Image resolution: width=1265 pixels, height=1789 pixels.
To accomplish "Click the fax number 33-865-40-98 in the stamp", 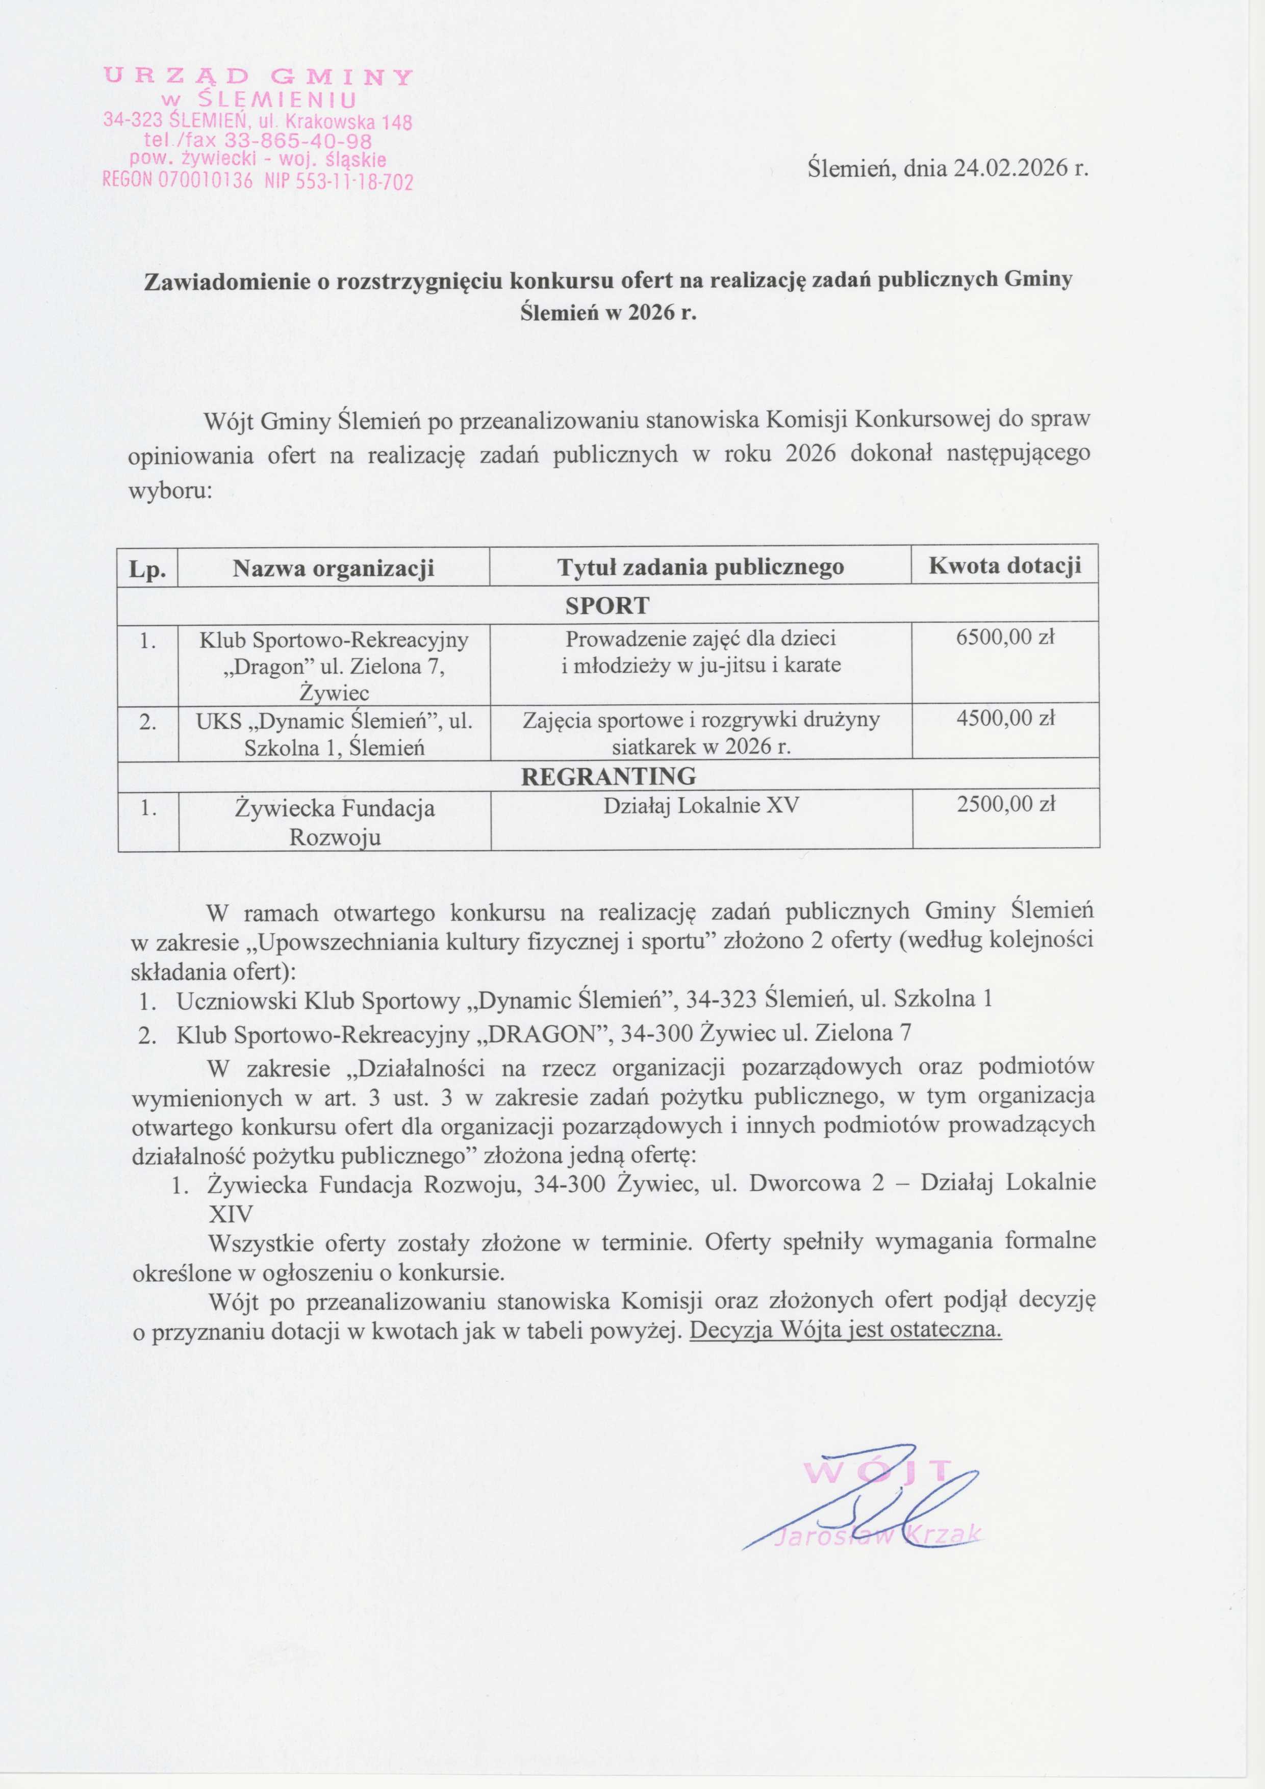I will pyautogui.click(x=298, y=141).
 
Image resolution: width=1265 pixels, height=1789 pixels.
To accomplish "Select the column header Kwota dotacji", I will pyautogui.click(x=1005, y=565).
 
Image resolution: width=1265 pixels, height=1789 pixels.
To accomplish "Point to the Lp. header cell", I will pyautogui.click(x=147, y=569).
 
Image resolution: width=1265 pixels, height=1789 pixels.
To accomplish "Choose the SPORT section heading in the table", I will pyautogui.click(x=607, y=605).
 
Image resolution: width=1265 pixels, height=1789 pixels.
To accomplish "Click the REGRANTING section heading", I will pyautogui.click(x=608, y=776).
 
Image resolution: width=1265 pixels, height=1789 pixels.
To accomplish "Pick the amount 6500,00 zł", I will pyautogui.click(x=1005, y=637).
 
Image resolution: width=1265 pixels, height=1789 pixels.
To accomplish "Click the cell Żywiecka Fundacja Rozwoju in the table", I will pyautogui.click(x=335, y=822).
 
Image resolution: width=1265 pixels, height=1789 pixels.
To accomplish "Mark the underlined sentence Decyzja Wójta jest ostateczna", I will pyautogui.click(x=846, y=1330).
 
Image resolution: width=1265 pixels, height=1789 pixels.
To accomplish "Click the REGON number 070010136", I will pyautogui.click(x=206, y=183).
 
